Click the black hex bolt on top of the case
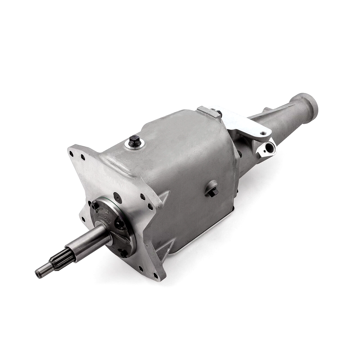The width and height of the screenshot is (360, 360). pos(135,141)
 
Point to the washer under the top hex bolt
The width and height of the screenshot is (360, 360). pos(135,145)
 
